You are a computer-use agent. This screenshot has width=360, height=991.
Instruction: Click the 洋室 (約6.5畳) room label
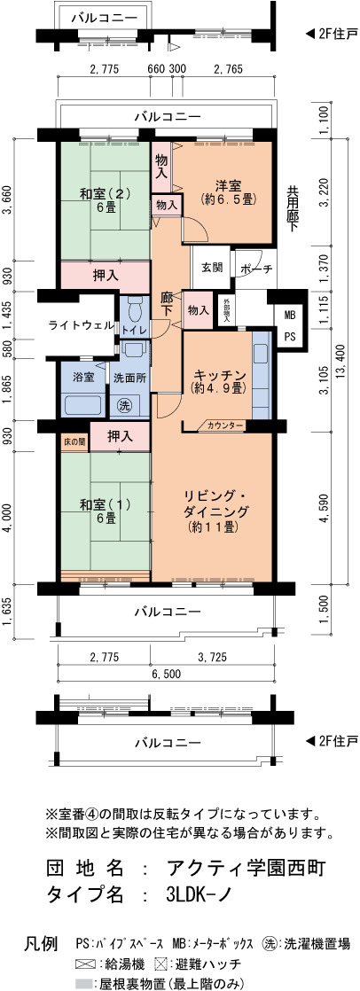click(x=227, y=192)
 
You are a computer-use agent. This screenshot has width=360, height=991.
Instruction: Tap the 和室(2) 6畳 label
click(x=106, y=199)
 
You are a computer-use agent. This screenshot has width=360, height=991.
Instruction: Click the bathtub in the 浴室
click(x=84, y=403)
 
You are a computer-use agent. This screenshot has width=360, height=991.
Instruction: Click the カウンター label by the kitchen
click(x=225, y=426)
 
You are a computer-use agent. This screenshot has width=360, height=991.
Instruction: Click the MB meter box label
click(x=289, y=314)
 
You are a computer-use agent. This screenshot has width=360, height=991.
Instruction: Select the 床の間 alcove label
click(x=74, y=441)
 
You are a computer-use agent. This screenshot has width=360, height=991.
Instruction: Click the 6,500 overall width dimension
click(x=167, y=674)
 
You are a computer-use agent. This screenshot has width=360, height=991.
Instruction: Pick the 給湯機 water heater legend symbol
click(x=82, y=964)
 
